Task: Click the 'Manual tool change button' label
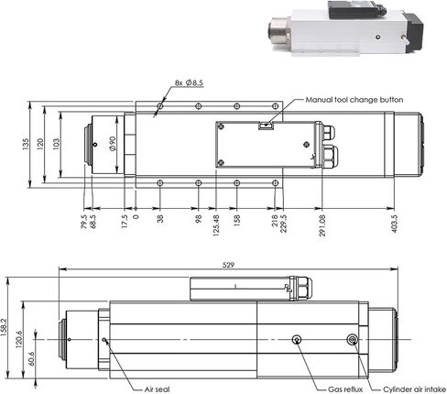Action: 354,100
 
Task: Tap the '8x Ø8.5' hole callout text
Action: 189,82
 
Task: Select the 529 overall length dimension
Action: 228,265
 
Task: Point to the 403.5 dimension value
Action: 395,224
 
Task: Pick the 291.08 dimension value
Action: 322,225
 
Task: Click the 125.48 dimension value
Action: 216,225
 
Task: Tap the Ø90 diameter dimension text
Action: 113,144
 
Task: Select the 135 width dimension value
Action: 26,144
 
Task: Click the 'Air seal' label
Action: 157,389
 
